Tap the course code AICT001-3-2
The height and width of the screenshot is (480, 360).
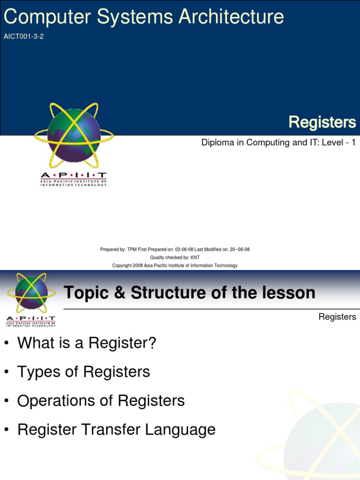[23, 37]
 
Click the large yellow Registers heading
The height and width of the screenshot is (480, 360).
[322, 122]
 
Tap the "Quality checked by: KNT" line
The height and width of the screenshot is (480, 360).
[175, 257]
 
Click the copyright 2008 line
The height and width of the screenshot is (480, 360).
[175, 265]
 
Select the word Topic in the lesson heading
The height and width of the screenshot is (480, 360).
[82, 293]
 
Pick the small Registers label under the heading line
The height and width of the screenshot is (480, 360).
[337, 317]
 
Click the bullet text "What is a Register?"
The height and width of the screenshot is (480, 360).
[87, 343]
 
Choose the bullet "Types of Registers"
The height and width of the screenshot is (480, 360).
[83, 372]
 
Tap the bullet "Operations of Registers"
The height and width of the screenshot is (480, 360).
[101, 401]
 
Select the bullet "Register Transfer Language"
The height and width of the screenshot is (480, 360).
[116, 429]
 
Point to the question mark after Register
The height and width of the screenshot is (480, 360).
[151, 343]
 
